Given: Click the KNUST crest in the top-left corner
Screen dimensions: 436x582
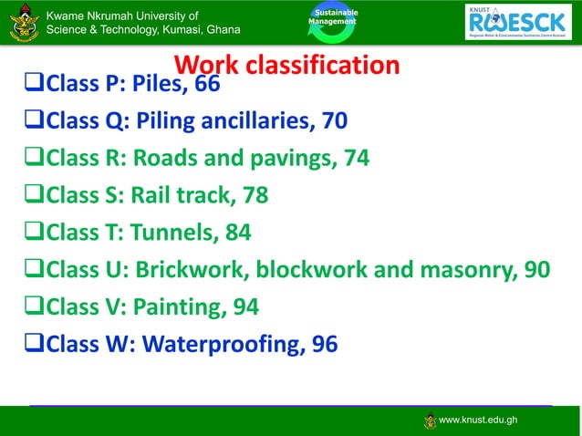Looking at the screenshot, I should pos(21,22).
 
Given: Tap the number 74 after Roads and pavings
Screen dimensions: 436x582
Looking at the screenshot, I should pos(357,159).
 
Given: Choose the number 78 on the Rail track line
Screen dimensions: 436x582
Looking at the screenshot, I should pos(255,196).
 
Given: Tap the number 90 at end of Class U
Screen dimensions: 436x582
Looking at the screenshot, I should pos(537,270).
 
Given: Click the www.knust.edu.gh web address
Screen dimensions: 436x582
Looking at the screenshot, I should pos(479,420).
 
